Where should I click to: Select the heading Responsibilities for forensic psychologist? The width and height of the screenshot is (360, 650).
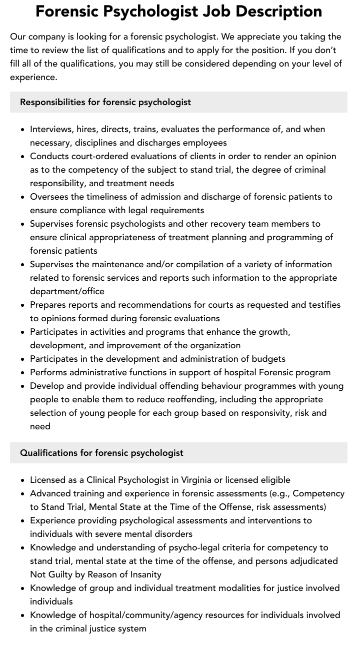pyautogui.click(x=105, y=102)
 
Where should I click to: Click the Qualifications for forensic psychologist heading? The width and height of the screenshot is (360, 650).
pyautogui.click(x=101, y=453)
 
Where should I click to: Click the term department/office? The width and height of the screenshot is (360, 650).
pyautogui.click(x=67, y=291)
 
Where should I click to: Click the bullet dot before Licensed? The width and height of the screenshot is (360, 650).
pyautogui.click(x=23, y=480)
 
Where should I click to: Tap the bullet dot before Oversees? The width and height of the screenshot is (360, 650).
pyautogui.click(x=23, y=197)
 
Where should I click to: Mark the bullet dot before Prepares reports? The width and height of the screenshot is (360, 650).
pyautogui.click(x=23, y=305)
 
